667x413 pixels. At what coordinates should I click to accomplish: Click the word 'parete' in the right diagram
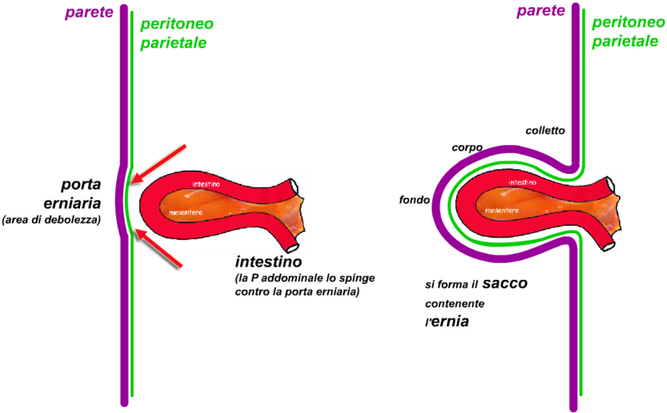click(539, 11)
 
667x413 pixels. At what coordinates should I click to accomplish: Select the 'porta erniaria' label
click(81, 193)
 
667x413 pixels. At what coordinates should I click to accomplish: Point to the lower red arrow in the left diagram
click(160, 249)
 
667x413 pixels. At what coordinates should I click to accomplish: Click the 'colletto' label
click(545, 131)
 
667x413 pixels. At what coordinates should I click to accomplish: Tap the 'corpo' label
click(467, 147)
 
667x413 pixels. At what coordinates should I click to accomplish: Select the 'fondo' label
click(415, 200)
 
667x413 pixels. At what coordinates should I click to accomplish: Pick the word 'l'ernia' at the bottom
click(446, 320)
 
